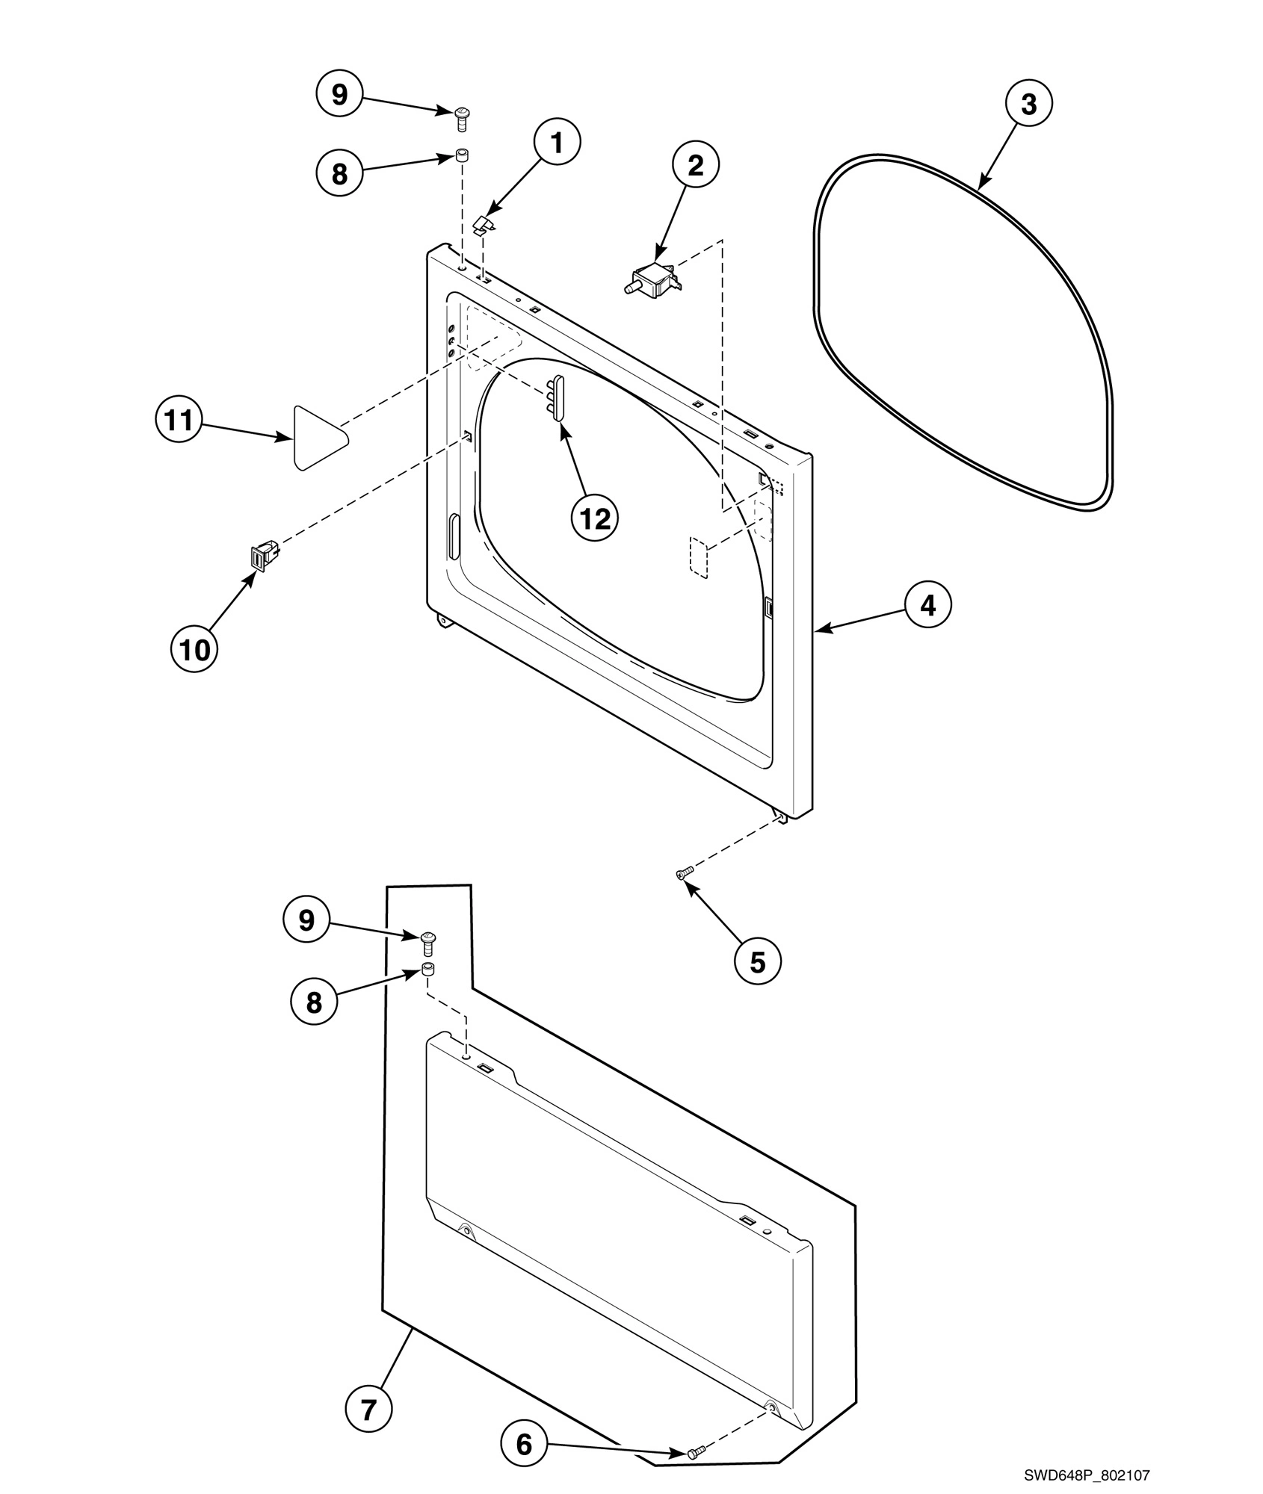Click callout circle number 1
[557, 142]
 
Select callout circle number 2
[695, 166]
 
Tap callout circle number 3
[1028, 105]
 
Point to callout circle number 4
[927, 605]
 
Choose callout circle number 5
[757, 962]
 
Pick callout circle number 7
[368, 1409]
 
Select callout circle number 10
[194, 649]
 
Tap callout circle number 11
[179, 420]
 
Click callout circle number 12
[595, 518]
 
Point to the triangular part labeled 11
[318, 438]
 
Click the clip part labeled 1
[485, 222]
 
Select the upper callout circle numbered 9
[339, 95]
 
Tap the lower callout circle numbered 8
[313, 1002]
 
